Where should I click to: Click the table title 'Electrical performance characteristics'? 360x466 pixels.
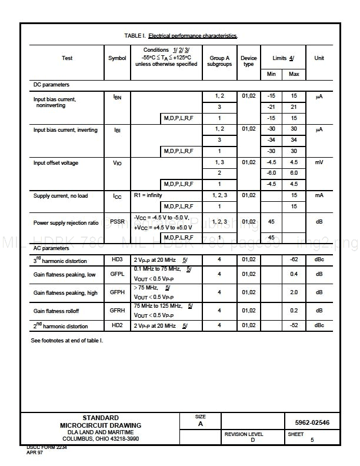[x=192, y=36]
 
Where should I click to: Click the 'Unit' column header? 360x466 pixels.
[x=319, y=58]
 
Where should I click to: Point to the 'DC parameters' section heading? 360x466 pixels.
[x=51, y=85]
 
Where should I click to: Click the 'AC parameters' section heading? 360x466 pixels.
[x=51, y=248]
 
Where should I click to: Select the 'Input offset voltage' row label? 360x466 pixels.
[x=56, y=163]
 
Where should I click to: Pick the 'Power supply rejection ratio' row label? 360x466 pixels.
[x=66, y=223]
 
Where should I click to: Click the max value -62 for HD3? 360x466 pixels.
[x=294, y=259]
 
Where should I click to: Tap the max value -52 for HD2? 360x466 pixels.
[x=294, y=325]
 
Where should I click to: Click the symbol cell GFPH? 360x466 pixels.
[x=117, y=292]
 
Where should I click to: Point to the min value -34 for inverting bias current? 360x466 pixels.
[x=271, y=140]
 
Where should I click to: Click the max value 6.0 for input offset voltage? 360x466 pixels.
[x=294, y=173]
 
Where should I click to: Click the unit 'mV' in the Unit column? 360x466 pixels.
[x=319, y=162]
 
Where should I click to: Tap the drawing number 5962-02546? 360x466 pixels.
[x=312, y=422]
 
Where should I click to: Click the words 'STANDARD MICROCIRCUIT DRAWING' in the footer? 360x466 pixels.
[x=101, y=421]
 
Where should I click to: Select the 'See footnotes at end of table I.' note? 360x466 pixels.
[x=67, y=340]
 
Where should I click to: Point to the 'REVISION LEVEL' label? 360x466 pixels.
[x=244, y=434]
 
